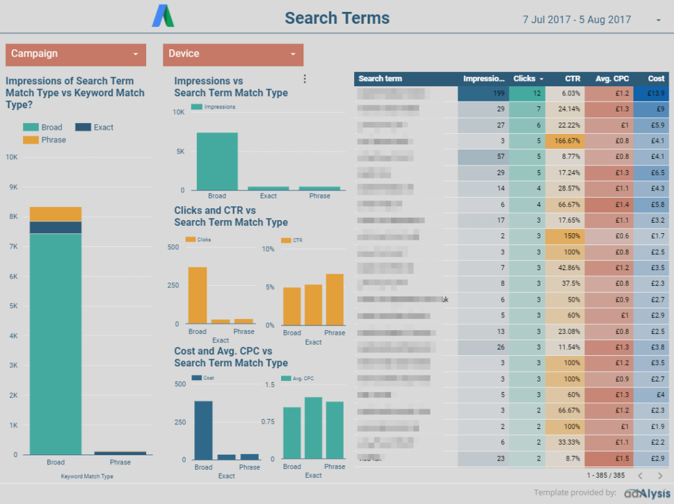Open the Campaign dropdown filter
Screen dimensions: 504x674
(75, 54)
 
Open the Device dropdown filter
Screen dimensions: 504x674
(233, 54)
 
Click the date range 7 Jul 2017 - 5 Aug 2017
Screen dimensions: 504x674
(577, 20)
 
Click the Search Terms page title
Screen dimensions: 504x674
(337, 18)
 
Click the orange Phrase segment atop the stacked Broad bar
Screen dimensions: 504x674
(55, 214)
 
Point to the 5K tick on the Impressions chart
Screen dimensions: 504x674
(179, 152)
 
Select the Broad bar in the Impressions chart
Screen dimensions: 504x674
(217, 161)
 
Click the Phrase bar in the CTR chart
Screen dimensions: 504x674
(334, 299)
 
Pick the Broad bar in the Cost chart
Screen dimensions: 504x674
(203, 430)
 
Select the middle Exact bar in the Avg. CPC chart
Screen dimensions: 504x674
(313, 428)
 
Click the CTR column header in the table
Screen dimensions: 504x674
(572, 78)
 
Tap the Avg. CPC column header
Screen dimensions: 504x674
(612, 78)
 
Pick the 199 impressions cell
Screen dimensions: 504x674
(482, 94)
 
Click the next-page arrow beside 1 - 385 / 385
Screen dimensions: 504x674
(660, 475)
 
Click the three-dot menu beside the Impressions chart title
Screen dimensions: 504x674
(304, 79)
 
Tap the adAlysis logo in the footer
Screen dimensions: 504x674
(648, 493)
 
